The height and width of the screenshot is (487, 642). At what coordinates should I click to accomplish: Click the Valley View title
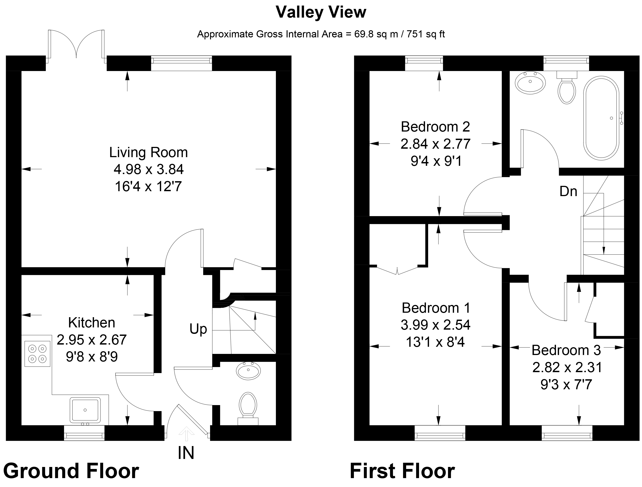[x=321, y=12]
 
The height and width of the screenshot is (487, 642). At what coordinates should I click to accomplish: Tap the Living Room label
[x=148, y=152]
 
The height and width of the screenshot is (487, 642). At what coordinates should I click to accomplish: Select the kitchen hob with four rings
[x=37, y=354]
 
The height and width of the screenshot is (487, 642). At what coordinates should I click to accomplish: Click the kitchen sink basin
[x=85, y=410]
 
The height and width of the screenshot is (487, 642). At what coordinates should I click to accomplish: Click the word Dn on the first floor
[x=568, y=191]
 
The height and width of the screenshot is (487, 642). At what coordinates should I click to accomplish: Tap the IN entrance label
[x=186, y=453]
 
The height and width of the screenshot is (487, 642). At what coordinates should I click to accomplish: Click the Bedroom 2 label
[x=435, y=127]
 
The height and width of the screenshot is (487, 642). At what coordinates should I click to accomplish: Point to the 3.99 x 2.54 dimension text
[x=435, y=325]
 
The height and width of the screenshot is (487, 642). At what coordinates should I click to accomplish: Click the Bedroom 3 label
[x=566, y=350]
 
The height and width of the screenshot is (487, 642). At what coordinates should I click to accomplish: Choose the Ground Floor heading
[x=71, y=471]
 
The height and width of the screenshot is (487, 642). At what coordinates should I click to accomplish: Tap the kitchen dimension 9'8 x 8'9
[x=92, y=357]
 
